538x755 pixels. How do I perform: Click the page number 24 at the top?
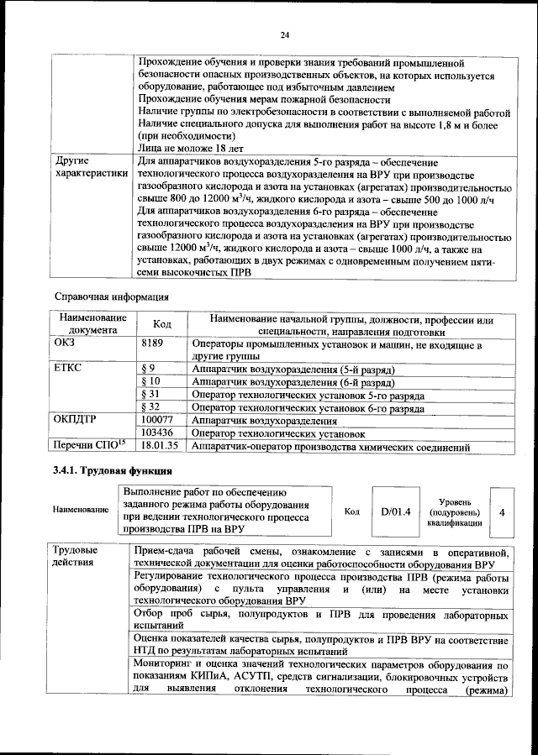point(284,34)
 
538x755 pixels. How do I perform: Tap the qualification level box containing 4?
point(501,511)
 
